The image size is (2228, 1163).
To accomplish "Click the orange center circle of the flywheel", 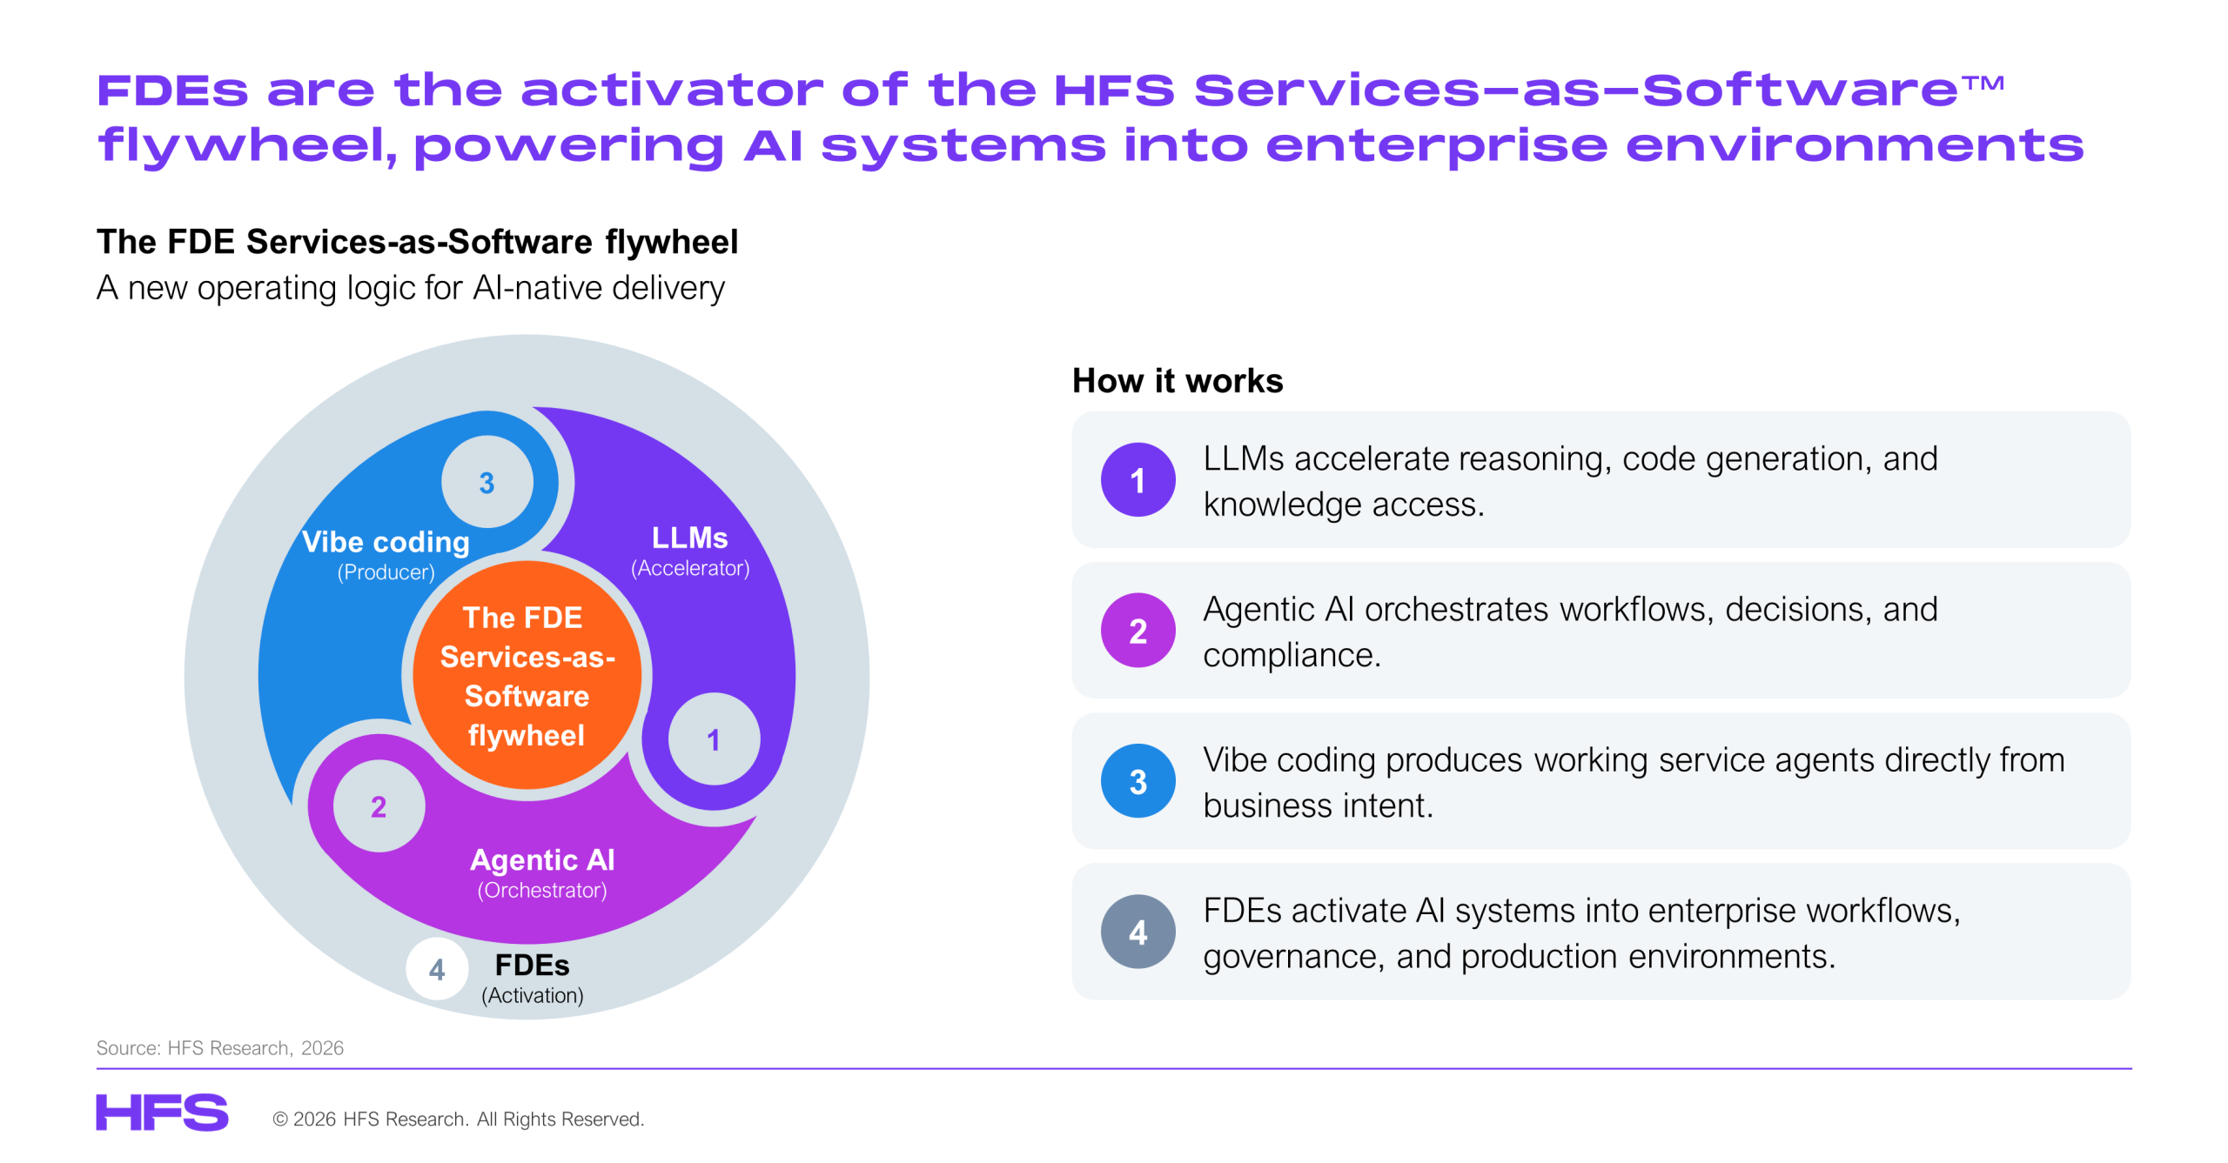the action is point(527,675).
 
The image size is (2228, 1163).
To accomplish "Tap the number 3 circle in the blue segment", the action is point(487,482).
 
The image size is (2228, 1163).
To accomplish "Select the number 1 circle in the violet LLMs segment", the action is point(714,739).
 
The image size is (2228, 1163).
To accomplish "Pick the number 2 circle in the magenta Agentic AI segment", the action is point(379,806).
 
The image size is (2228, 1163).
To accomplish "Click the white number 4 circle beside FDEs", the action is point(437,969).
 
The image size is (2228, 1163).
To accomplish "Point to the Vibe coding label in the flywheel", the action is point(386,542).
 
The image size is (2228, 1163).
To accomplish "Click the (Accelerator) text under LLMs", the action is point(690,568).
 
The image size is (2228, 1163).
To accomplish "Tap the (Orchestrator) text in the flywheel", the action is point(542,890).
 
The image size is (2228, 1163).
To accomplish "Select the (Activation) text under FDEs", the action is point(533,995).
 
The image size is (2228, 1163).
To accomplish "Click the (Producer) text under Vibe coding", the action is point(386,572).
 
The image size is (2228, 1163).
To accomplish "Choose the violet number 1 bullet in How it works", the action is point(1137,480).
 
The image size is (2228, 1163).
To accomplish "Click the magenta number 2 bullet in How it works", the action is point(1137,631).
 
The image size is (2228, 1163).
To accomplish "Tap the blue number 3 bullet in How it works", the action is point(1137,781).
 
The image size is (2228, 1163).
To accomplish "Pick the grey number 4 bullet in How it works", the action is point(1137,932).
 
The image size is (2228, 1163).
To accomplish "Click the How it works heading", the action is point(1178,381).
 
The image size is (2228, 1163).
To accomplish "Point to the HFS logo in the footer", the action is point(162,1113).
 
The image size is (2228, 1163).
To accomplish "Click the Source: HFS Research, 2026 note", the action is point(220,1047).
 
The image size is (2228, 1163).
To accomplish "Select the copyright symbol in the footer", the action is point(280,1119).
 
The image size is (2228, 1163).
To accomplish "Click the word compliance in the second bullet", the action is point(1292,655).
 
